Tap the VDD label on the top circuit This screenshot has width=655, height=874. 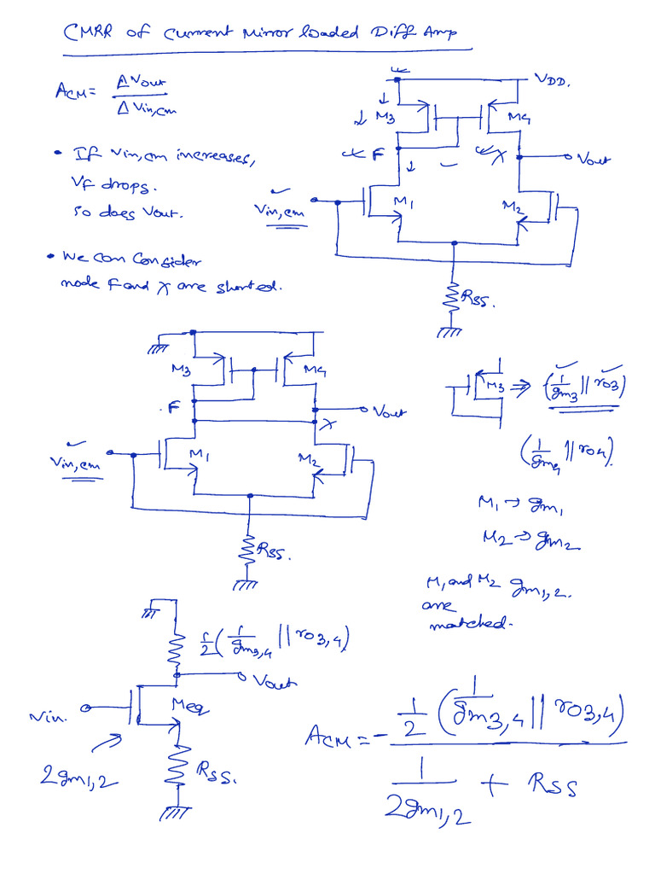click(x=554, y=80)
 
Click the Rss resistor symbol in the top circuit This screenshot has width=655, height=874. click(x=453, y=296)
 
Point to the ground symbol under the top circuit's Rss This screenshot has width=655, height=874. click(x=447, y=331)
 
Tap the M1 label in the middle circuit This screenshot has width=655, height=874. click(x=200, y=456)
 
